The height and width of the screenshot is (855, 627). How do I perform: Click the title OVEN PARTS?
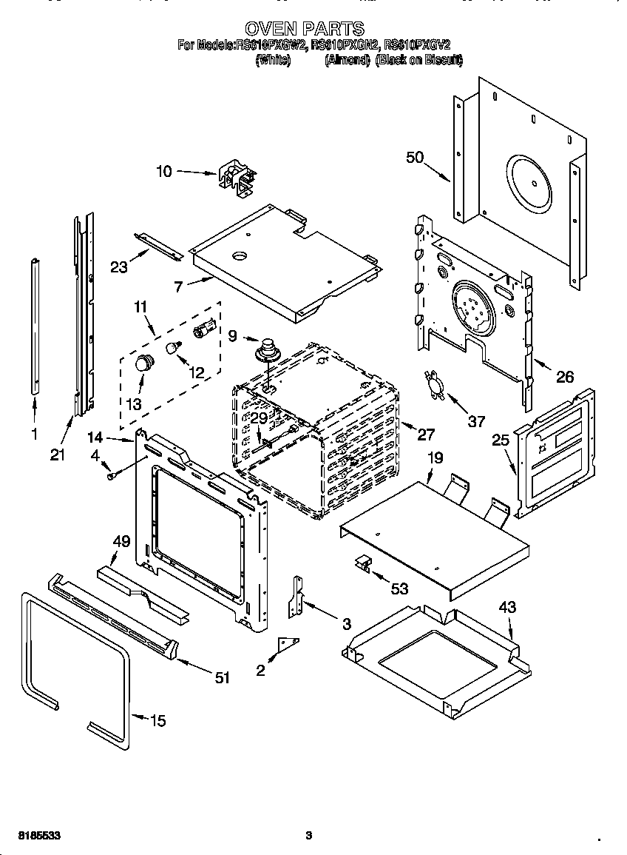tap(304, 29)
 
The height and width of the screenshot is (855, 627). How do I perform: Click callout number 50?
tap(415, 157)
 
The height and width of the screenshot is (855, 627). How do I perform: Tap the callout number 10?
tap(163, 172)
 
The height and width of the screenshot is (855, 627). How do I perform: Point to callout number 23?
tap(119, 267)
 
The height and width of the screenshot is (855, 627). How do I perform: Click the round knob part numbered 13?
tap(143, 363)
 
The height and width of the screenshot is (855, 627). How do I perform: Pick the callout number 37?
tap(476, 421)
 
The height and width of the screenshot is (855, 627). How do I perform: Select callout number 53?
tap(399, 589)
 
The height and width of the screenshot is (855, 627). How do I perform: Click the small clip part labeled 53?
tap(365, 564)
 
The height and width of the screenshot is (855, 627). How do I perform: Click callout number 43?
tap(506, 607)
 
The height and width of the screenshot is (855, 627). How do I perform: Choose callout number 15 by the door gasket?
tap(157, 720)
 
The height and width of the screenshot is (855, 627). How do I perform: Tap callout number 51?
tap(222, 677)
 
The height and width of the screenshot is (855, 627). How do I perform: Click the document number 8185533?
tap(35, 835)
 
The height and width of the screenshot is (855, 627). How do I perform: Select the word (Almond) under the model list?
tap(347, 61)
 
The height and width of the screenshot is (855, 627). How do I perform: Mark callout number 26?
tap(564, 377)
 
